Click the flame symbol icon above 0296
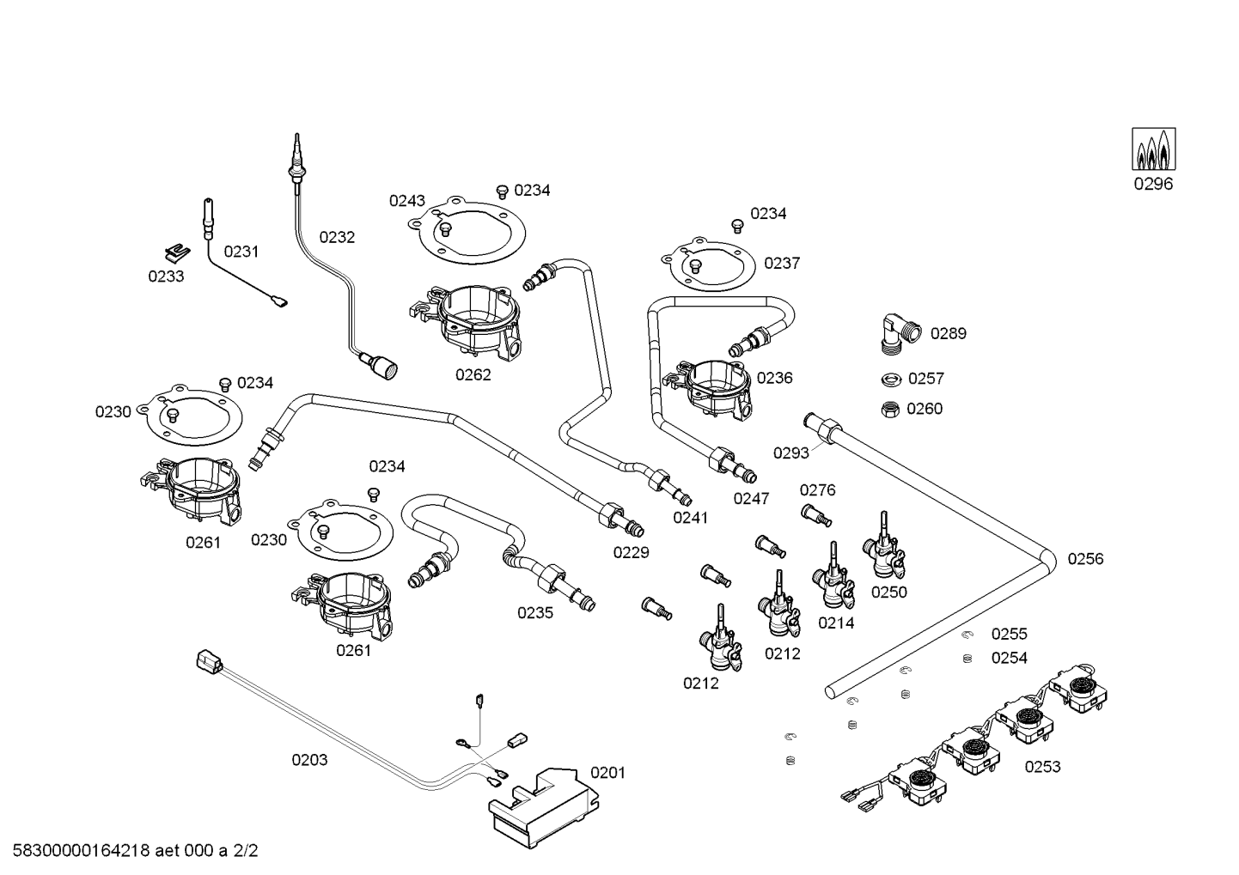(x=1153, y=149)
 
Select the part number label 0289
(x=948, y=333)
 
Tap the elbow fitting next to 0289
(x=900, y=333)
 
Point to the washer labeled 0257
(x=890, y=380)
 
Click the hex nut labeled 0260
(x=890, y=410)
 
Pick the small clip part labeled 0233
(x=178, y=252)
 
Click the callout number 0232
(x=337, y=237)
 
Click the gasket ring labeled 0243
(x=467, y=231)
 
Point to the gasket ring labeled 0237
(x=709, y=265)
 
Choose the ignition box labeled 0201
(x=544, y=807)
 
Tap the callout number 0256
(x=1085, y=559)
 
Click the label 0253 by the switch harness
(x=1042, y=767)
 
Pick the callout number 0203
(x=309, y=760)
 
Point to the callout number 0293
(x=791, y=453)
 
